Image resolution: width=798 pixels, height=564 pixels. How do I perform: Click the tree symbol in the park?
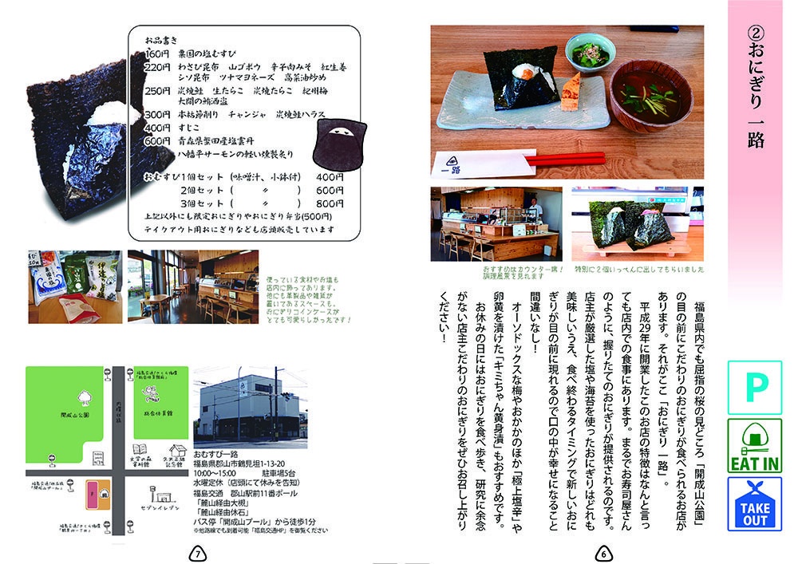pos(85,397)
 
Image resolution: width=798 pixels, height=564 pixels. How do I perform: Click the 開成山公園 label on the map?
pos(79,416)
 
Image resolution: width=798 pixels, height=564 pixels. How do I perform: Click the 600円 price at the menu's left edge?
pos(156,141)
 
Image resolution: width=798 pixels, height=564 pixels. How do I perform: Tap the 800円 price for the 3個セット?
pos(330,203)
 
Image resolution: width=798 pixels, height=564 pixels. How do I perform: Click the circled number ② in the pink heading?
pos(755,34)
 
